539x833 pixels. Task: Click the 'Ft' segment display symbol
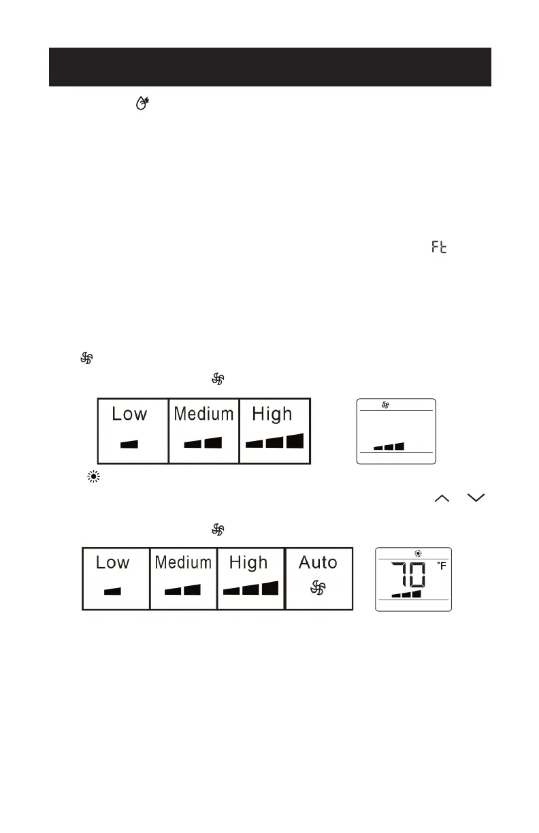(439, 248)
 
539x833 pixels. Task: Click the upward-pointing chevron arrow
(442, 500)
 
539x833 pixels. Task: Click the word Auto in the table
(318, 562)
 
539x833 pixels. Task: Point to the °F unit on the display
(442, 566)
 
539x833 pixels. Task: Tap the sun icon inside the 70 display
(417, 553)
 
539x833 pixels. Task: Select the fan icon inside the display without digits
(385, 405)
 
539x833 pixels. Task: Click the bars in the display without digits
(389, 446)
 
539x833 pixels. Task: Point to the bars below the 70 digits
(406, 594)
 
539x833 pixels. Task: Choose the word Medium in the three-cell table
(203, 413)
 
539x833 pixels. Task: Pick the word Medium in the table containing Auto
(183, 563)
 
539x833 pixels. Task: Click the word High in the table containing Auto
(248, 563)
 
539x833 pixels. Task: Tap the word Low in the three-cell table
(129, 413)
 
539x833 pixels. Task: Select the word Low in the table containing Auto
(112, 563)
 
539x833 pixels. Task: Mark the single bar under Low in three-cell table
(129, 444)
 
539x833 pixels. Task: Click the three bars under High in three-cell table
(274, 442)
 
